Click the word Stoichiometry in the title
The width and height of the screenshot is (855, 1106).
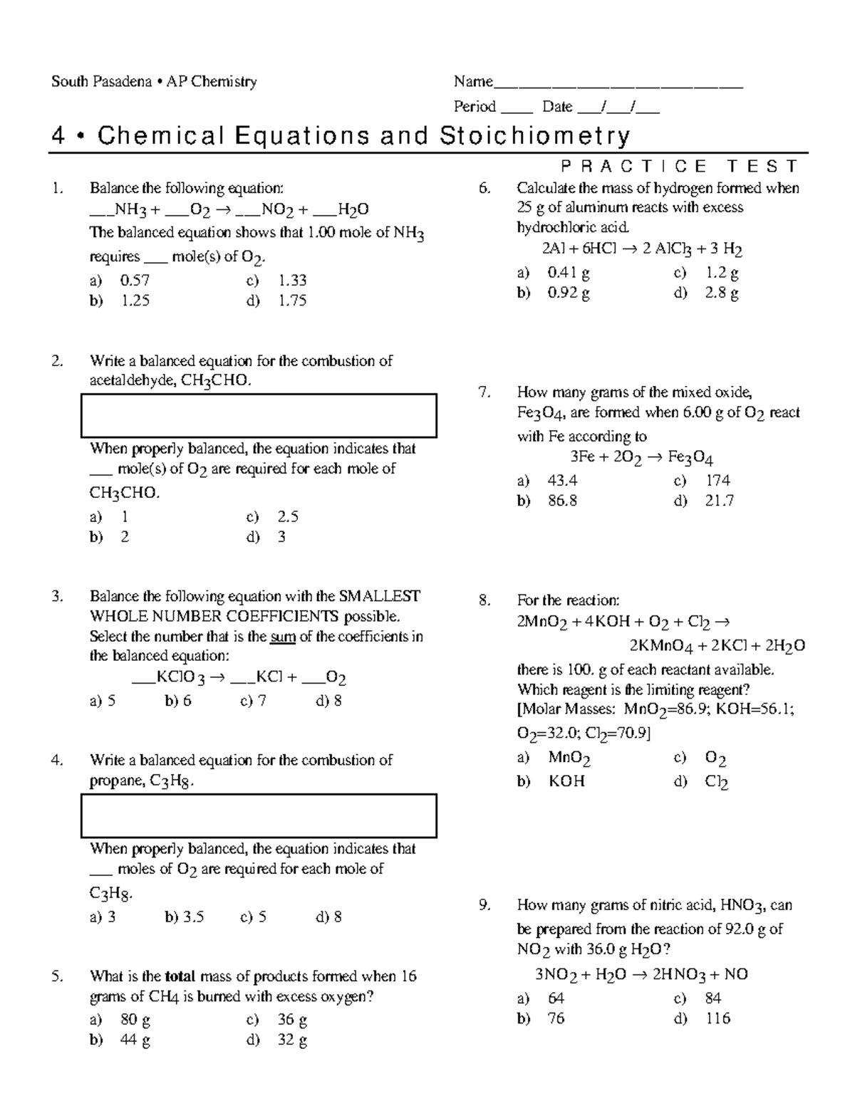[534, 135]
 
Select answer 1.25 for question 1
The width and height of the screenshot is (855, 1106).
[135, 301]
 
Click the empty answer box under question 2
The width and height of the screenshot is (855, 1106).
[259, 415]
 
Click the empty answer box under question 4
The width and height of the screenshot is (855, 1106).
[259, 815]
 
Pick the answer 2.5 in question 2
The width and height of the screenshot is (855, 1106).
[287, 516]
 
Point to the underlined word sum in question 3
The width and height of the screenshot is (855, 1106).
[283, 636]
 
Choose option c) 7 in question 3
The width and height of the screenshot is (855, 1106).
[254, 701]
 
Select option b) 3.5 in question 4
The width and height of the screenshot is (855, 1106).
[185, 917]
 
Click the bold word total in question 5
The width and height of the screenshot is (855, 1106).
[180, 976]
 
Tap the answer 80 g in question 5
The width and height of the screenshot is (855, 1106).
[135, 1020]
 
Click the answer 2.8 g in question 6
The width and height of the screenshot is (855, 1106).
[721, 293]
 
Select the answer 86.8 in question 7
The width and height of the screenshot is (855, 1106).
[562, 501]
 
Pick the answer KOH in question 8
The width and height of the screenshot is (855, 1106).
[566, 781]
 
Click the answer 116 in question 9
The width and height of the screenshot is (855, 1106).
[717, 1018]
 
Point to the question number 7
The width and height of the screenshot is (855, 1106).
[484, 392]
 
